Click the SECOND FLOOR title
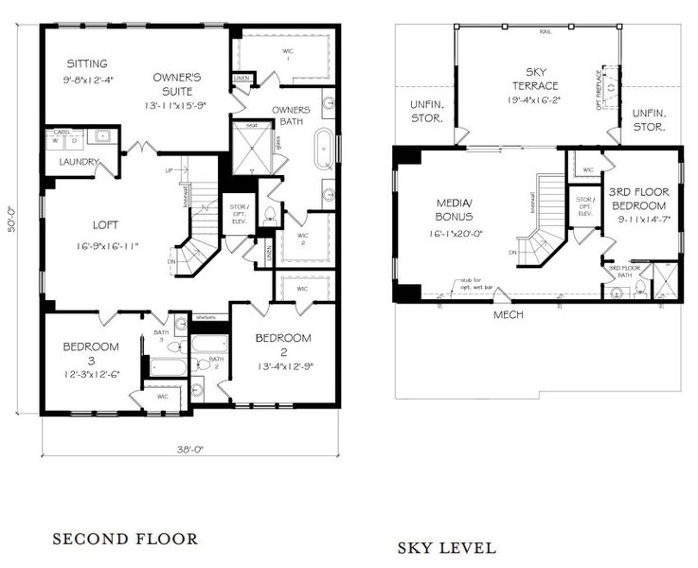(124, 540)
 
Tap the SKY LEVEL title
(445, 547)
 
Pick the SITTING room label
(87, 63)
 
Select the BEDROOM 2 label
(283, 338)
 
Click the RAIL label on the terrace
(545, 30)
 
